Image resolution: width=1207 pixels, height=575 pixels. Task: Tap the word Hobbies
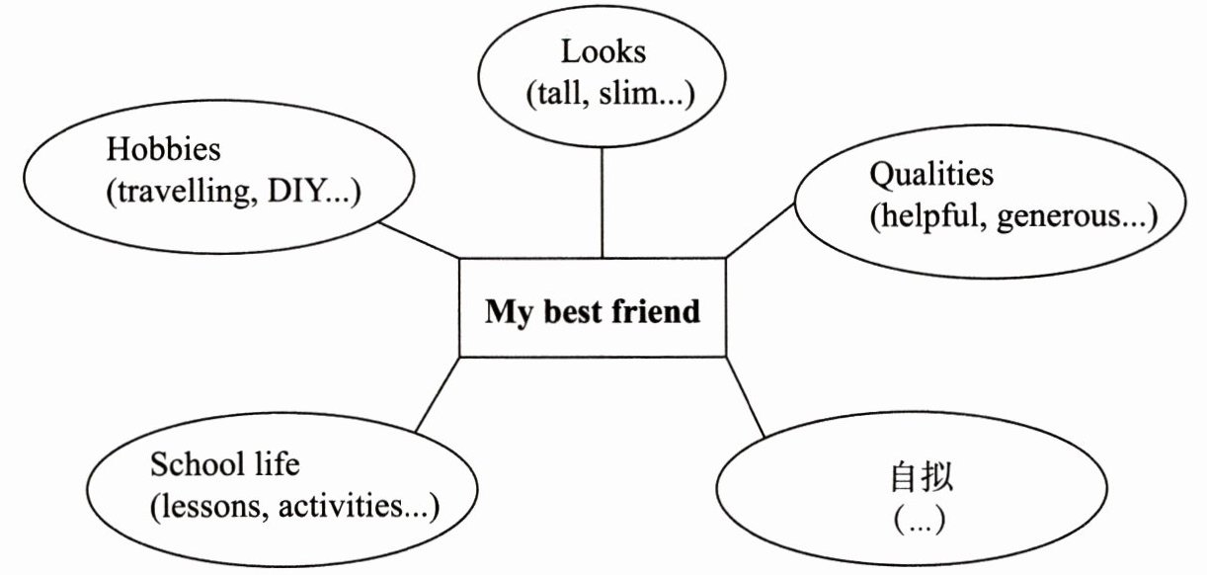tap(163, 151)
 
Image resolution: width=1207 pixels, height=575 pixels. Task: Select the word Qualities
tap(930, 175)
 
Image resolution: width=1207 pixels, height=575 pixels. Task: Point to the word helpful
tap(929, 217)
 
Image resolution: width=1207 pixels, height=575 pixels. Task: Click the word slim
tap(631, 95)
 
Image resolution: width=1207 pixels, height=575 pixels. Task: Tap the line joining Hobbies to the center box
tap(419, 238)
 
